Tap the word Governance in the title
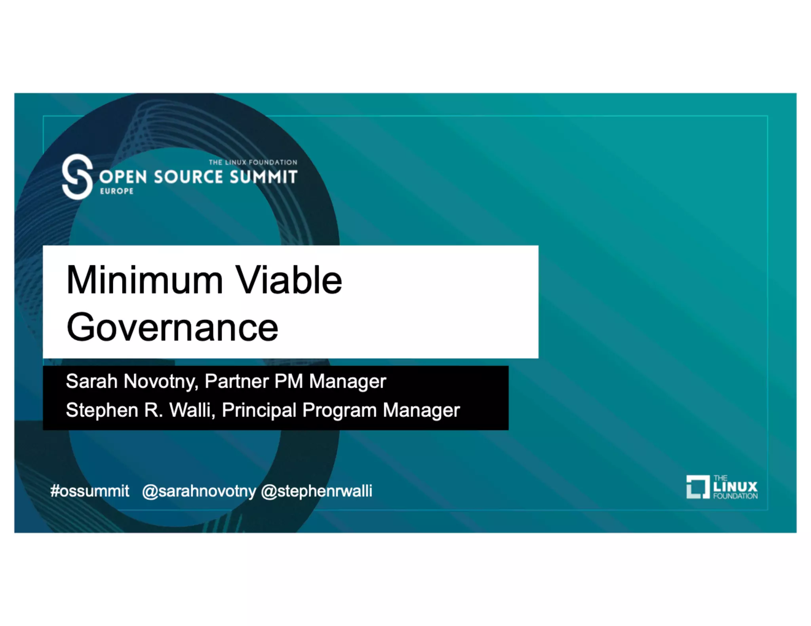coord(172,328)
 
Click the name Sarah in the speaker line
coord(91,381)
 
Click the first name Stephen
coord(102,410)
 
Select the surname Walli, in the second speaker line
coord(192,410)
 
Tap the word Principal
coord(259,410)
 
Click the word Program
coord(339,410)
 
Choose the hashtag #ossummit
coord(90,491)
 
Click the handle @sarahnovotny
coord(199,491)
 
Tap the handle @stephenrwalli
coord(317,491)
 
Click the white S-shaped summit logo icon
coord(78,176)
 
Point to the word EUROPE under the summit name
coord(117,191)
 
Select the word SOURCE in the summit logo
coord(188,177)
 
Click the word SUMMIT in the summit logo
coord(263,177)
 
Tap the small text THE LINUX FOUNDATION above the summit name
coord(253,162)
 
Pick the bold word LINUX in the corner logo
coord(735,487)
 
